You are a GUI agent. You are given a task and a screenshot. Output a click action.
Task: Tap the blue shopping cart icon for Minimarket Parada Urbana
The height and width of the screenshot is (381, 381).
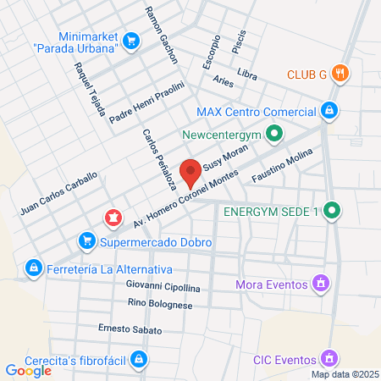click(130, 40)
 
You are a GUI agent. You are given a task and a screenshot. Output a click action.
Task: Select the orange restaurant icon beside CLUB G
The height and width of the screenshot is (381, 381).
click(340, 74)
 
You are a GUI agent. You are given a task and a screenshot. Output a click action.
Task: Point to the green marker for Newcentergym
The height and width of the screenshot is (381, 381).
click(273, 134)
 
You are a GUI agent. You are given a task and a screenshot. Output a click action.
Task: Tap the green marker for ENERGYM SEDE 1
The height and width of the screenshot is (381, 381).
click(333, 211)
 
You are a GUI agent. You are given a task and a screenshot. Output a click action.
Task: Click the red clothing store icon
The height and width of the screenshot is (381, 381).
click(111, 218)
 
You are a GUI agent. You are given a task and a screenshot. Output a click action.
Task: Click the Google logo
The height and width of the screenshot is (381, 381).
click(28, 370)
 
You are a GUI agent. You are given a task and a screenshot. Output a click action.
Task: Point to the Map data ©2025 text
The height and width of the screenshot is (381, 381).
click(344, 374)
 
